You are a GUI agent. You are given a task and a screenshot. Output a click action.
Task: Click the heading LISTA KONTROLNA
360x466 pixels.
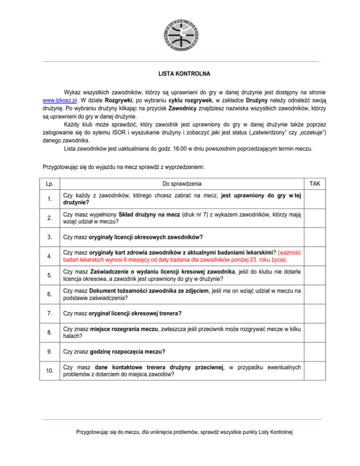click(x=180, y=74)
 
